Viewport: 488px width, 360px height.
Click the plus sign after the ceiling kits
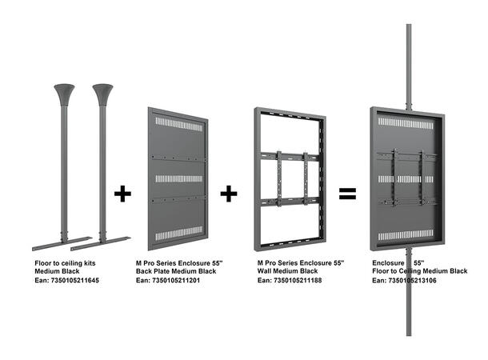click(x=122, y=193)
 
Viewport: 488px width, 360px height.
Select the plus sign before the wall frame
click(x=230, y=193)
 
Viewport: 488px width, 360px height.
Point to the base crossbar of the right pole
click(x=103, y=240)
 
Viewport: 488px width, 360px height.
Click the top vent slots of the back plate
click(x=178, y=126)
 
